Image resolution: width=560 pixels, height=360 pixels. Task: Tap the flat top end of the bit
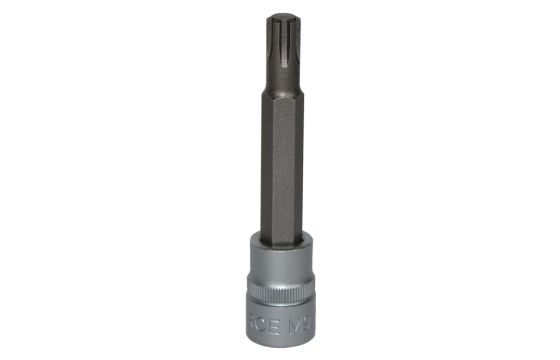[280, 13]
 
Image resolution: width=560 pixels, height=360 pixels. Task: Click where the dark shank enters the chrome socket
[280, 238]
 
